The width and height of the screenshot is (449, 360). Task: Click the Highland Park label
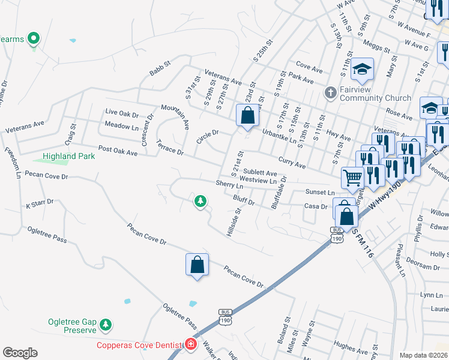69,156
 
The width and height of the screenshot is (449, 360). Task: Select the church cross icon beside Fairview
330,93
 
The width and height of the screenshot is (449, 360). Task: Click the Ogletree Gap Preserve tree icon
106,325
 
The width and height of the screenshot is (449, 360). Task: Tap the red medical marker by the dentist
190,344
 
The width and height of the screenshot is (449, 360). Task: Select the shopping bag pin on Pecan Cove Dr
197,265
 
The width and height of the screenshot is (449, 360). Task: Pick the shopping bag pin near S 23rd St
247,115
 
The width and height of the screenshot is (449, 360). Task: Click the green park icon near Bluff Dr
200,202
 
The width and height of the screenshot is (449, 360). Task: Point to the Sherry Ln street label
230,185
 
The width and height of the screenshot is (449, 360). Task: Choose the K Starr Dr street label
40,205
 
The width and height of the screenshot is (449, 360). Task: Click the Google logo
20,353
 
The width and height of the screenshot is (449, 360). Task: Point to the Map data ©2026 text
423,355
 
